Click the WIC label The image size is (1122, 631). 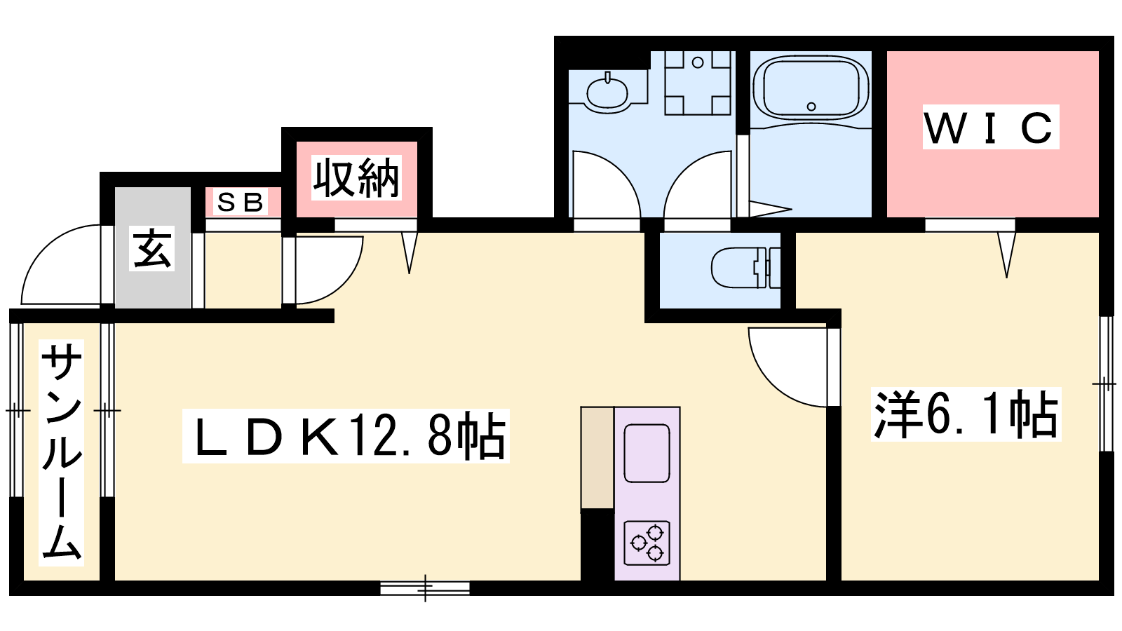[x=990, y=128]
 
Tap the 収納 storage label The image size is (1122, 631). [x=356, y=178]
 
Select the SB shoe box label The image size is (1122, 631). [x=240, y=203]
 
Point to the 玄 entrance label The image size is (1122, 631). [x=151, y=249]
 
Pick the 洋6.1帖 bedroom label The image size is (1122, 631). [x=966, y=415]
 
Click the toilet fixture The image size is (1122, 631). [x=746, y=267]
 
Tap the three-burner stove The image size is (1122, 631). [x=647, y=543]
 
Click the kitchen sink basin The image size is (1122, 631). [x=647, y=454]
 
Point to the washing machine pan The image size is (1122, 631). [x=698, y=83]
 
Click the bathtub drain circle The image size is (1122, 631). [x=811, y=107]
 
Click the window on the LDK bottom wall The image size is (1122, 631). [x=425, y=588]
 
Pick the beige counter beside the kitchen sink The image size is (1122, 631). [x=597, y=459]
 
